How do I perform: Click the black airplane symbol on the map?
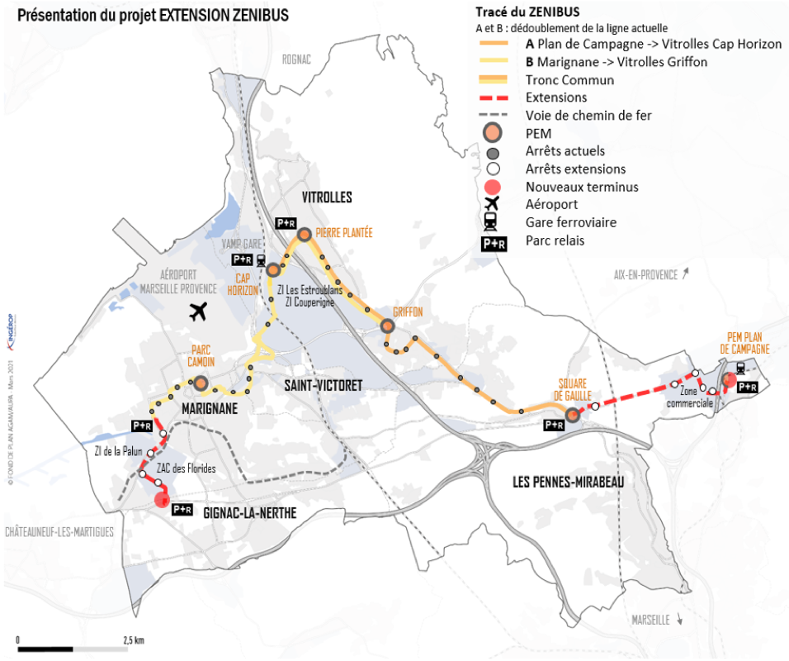click(197, 311)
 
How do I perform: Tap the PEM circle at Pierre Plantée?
click(304, 235)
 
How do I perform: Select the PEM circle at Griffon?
click(388, 326)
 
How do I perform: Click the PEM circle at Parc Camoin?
click(200, 383)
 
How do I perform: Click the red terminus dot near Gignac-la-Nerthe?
click(162, 498)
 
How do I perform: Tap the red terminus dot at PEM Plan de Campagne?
click(729, 381)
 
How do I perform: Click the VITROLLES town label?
click(327, 197)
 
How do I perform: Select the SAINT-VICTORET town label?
click(323, 385)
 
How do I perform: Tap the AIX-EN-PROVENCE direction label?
click(645, 274)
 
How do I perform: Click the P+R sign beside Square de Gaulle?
click(554, 425)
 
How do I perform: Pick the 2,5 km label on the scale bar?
click(134, 640)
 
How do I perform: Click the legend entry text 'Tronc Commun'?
click(569, 80)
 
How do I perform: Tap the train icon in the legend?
click(493, 221)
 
